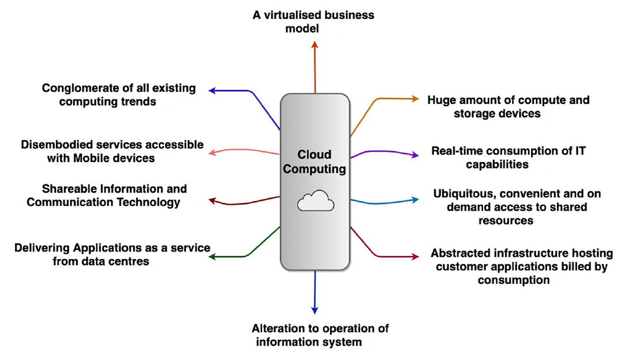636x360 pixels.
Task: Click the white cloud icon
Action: pyautogui.click(x=316, y=201)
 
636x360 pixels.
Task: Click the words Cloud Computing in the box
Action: pyautogui.click(x=315, y=162)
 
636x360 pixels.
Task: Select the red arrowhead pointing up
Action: pyautogui.click(x=315, y=44)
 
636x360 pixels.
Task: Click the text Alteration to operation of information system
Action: pyautogui.click(x=320, y=335)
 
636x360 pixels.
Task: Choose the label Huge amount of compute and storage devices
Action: pyautogui.click(x=508, y=107)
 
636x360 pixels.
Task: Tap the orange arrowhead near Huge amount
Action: pyautogui.click(x=416, y=99)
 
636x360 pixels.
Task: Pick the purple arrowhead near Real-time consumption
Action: pyautogui.click(x=416, y=155)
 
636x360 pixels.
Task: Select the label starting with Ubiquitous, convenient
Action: pyautogui.click(x=510, y=207)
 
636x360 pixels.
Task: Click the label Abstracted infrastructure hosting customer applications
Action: pyautogui.click(x=521, y=267)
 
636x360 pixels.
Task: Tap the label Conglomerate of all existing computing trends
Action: pyautogui.click(x=118, y=95)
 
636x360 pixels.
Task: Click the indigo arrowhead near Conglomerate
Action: pyautogui.click(x=212, y=91)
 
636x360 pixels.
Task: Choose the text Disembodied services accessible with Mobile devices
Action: pyautogui.click(x=112, y=151)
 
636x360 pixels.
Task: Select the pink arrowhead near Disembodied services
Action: pyautogui.click(x=212, y=152)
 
